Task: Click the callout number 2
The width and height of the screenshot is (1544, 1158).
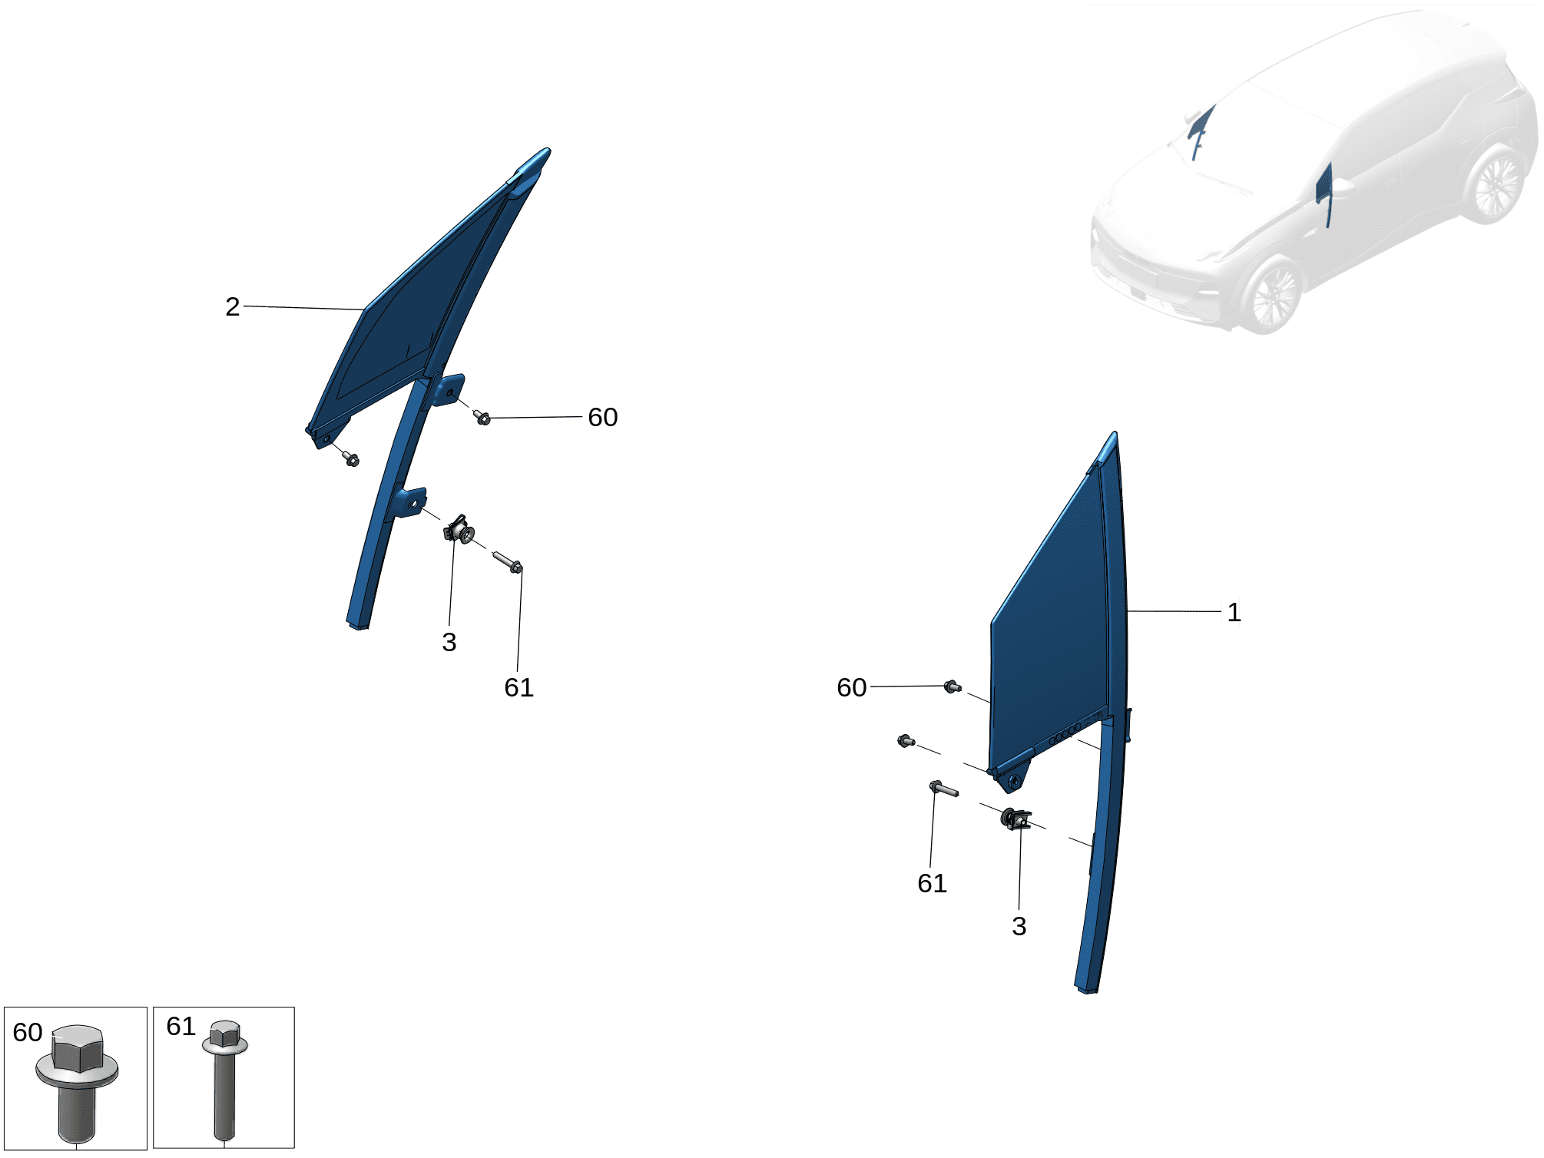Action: point(233,306)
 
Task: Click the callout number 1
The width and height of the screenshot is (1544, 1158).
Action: point(1234,612)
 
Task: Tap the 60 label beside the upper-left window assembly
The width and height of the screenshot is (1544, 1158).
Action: point(603,417)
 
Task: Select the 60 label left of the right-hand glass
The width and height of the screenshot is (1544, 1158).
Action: point(852,687)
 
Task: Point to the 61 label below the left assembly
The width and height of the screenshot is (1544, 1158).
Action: point(519,687)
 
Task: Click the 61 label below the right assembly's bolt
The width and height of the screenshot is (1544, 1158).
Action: point(933,883)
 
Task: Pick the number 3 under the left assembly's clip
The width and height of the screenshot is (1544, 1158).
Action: point(449,642)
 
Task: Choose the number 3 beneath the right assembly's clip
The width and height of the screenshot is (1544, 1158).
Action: point(1019,926)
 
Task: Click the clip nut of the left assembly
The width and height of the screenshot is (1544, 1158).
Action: point(459,529)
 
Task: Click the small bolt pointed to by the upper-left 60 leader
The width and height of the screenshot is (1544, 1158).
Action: point(482,417)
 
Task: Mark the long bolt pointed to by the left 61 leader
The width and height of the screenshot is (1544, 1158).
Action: point(507,562)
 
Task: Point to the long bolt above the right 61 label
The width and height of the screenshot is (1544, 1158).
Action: point(943,789)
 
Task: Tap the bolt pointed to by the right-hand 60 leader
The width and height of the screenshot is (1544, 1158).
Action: point(953,687)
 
